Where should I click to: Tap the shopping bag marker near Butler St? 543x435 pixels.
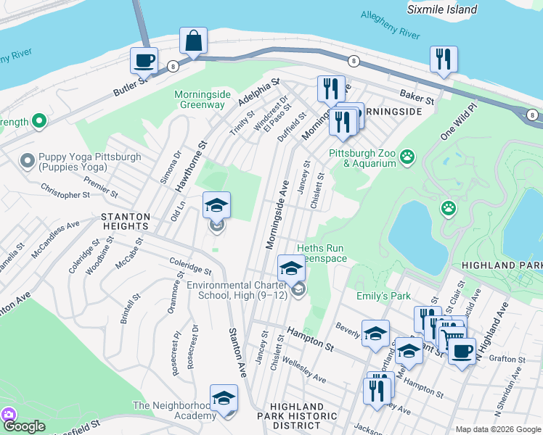[x=194, y=42]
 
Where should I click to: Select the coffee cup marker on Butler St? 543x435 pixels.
[x=144, y=60]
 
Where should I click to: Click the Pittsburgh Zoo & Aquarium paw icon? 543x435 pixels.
[x=407, y=154]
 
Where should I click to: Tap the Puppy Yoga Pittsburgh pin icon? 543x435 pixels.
[x=28, y=159]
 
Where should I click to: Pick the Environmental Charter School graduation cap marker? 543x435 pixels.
[x=291, y=269]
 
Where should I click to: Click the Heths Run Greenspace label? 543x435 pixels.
[x=314, y=253]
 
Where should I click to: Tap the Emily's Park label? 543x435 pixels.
[x=383, y=296]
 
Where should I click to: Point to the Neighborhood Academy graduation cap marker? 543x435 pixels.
[x=224, y=398]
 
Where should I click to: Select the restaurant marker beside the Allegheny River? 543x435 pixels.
[x=443, y=59]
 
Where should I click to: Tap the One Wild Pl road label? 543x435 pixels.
[x=458, y=123]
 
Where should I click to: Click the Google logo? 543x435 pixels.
[x=24, y=426]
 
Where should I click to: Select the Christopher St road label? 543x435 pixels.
[x=65, y=194]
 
